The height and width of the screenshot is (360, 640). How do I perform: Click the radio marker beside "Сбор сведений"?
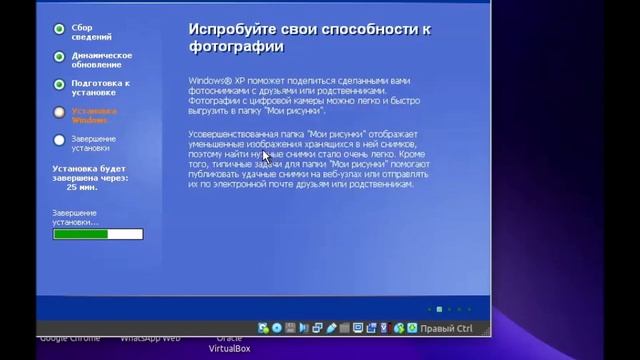point(60,30)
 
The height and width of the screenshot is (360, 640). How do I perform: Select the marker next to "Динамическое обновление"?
point(60,57)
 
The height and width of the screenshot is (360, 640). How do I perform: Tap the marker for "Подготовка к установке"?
point(60,84)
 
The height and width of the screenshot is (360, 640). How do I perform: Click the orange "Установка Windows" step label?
point(93,115)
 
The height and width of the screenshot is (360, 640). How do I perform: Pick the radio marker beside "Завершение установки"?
point(60,140)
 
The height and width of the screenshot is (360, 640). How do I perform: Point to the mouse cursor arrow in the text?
point(266,155)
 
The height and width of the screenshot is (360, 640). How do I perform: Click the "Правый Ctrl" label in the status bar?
point(445,328)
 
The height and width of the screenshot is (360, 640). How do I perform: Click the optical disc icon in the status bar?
point(277,328)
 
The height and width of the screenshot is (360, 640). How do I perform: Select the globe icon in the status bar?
point(398,328)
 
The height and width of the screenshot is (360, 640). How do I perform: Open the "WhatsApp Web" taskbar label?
point(150,338)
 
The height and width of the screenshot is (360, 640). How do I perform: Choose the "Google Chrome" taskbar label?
point(70,338)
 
